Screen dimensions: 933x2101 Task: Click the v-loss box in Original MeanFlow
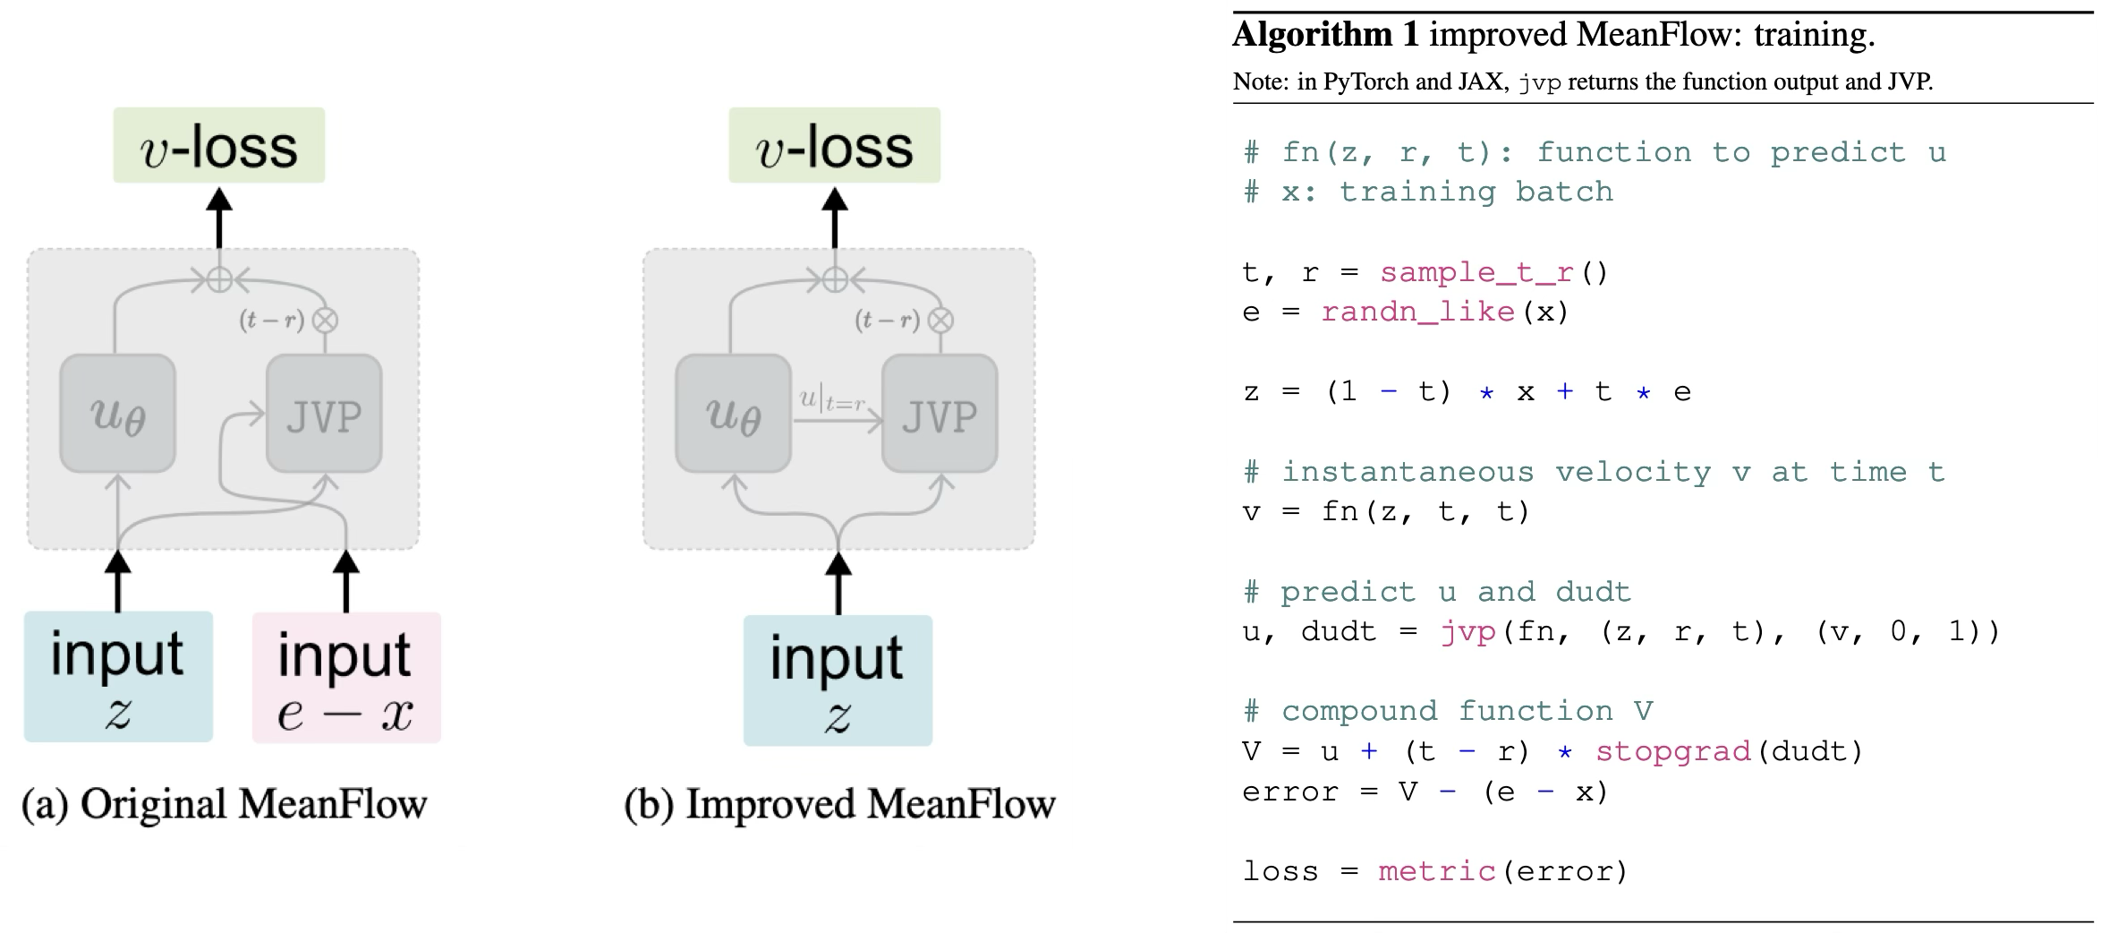pyautogui.click(x=218, y=146)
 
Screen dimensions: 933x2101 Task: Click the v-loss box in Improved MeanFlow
pyautogui.click(x=834, y=146)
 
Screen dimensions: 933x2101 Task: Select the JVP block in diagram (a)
pyautogui.click(x=324, y=414)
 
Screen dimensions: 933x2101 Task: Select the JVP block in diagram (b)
pyautogui.click(x=940, y=414)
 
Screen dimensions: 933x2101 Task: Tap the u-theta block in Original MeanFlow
pyautogui.click(x=117, y=414)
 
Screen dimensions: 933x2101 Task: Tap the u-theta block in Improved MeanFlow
pyautogui.click(x=733, y=414)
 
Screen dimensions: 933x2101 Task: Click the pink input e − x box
pyautogui.click(x=346, y=678)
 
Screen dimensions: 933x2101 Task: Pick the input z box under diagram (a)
pyautogui.click(x=118, y=677)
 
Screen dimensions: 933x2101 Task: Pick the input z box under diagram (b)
pyautogui.click(x=838, y=680)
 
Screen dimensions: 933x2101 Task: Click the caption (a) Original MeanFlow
pyautogui.click(x=225, y=804)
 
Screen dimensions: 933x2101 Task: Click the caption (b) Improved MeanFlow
pyautogui.click(x=839, y=804)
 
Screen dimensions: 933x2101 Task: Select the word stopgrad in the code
pyautogui.click(x=1672, y=751)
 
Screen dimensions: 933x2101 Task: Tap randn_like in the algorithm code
pyautogui.click(x=1417, y=312)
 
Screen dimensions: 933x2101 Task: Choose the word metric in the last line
pyautogui.click(x=1436, y=871)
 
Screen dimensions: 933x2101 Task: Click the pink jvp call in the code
pyautogui.click(x=1467, y=632)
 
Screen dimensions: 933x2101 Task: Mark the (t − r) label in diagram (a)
pyautogui.click(x=271, y=320)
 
